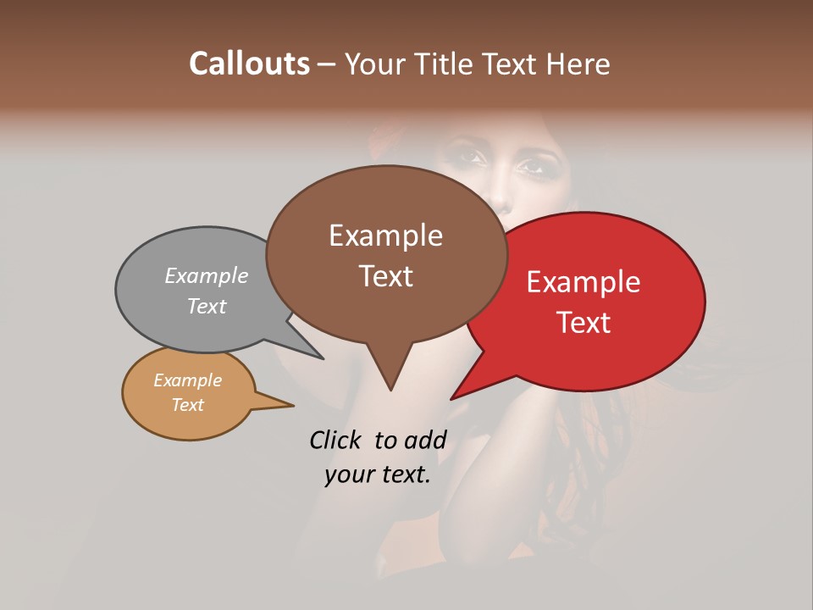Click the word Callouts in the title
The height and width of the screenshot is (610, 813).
pyautogui.click(x=249, y=64)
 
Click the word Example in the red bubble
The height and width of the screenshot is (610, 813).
pyautogui.click(x=583, y=282)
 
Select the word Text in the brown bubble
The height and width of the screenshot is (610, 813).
pyautogui.click(x=386, y=276)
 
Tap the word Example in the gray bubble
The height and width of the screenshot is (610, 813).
pyautogui.click(x=207, y=275)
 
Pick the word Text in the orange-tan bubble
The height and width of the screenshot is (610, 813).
pyautogui.click(x=188, y=405)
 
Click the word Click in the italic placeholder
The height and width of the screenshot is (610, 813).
pyautogui.click(x=335, y=440)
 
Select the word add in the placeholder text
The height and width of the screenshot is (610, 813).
pyautogui.click(x=424, y=440)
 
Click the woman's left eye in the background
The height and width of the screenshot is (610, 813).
pyautogui.click(x=533, y=166)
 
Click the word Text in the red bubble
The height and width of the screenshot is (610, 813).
pyautogui.click(x=584, y=323)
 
